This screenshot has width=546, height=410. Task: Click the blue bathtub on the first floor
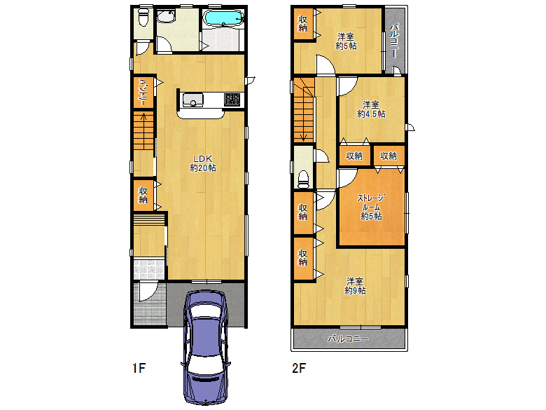pos(223,18)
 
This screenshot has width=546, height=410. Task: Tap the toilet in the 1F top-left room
pos(142,18)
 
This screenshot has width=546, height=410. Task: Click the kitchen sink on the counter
pos(191,101)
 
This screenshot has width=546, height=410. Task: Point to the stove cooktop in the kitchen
pos(232,100)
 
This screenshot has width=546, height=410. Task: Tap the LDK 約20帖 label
pos(203,163)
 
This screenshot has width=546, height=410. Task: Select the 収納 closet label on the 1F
pos(143,196)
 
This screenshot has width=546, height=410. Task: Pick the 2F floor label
pos(299,367)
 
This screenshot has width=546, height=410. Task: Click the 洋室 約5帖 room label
pos(346,41)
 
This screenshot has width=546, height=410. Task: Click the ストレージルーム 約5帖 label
pos(371,207)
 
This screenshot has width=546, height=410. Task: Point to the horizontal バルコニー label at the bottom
pos(349,339)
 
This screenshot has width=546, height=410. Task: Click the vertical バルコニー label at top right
pos(394,39)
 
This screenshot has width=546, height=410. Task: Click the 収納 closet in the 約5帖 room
pos(302,23)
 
